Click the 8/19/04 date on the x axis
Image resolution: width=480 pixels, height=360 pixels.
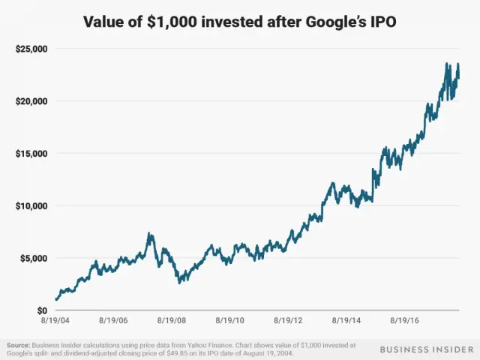[56, 321]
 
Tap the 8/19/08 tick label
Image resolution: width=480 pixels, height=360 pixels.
[172, 321]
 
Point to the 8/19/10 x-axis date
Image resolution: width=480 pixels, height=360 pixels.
[229, 321]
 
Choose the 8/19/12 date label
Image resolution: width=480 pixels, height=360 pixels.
[287, 321]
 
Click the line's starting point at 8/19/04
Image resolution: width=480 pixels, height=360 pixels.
[56, 300]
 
